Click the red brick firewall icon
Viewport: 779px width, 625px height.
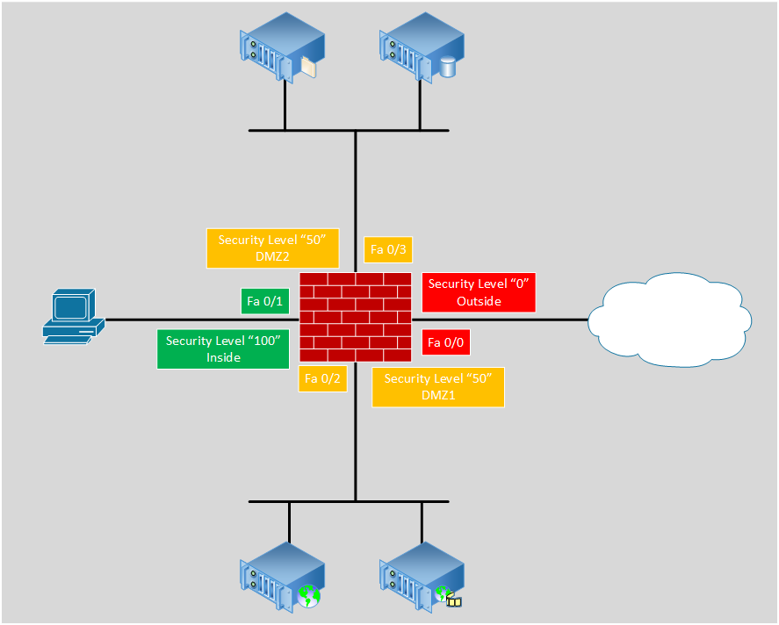click(x=356, y=317)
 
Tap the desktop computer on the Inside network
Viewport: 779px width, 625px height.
click(x=74, y=317)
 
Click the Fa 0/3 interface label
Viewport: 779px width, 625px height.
click(x=388, y=249)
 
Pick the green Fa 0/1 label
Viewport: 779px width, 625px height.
click(x=265, y=301)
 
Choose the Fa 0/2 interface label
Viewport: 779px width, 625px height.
click(x=321, y=378)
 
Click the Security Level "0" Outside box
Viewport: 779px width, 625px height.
click(x=478, y=292)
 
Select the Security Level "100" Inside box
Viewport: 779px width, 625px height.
click(x=223, y=348)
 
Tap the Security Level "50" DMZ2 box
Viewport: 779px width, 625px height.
click(x=272, y=248)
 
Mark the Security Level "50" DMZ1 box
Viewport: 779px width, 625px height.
click(x=437, y=387)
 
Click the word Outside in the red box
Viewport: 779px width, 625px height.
click(x=479, y=301)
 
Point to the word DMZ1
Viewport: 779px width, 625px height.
click(x=437, y=395)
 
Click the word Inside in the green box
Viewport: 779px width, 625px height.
click(x=223, y=357)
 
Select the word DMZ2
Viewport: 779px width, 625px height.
click(x=272, y=256)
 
